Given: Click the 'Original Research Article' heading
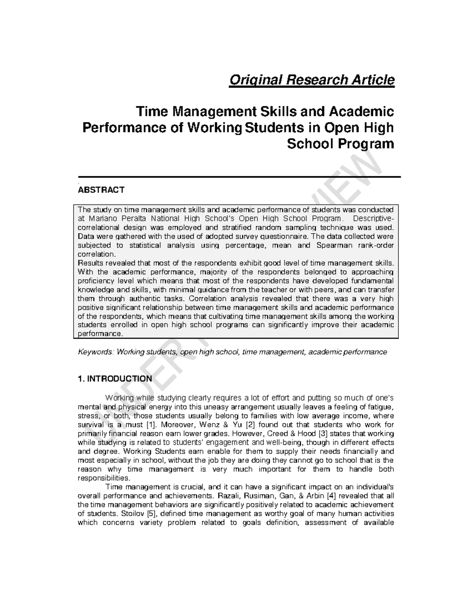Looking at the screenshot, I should click(x=312, y=80).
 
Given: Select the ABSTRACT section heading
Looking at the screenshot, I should click(x=101, y=190).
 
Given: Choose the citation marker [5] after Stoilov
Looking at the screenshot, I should click(x=151, y=514).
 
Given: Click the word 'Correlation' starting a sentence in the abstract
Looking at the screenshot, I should click(x=207, y=299).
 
